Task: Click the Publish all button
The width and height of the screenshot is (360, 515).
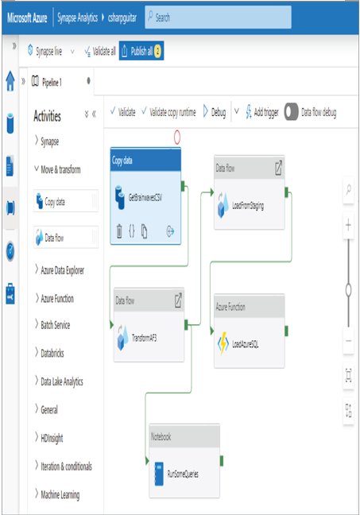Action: [x=141, y=51]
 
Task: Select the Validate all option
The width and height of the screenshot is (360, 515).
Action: [x=100, y=51]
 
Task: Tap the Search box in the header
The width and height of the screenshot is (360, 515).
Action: [x=218, y=17]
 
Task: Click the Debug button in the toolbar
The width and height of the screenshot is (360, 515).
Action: [x=214, y=112]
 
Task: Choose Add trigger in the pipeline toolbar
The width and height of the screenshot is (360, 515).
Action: [x=262, y=112]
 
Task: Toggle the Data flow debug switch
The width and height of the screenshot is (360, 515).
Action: [x=291, y=112]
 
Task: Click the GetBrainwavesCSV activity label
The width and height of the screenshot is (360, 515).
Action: [x=145, y=197]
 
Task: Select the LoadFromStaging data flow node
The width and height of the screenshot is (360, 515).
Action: [x=249, y=192]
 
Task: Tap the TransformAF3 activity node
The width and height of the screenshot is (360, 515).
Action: [x=149, y=325]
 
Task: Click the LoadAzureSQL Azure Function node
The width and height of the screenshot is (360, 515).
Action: [x=249, y=331]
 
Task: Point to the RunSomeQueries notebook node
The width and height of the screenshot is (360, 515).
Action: [x=184, y=461]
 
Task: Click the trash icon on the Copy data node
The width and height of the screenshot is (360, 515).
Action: [x=119, y=231]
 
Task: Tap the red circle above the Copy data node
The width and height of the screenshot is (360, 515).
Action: [x=177, y=137]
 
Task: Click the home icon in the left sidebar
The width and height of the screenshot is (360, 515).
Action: [x=10, y=81]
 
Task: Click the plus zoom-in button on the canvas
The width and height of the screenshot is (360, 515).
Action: [x=348, y=226]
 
